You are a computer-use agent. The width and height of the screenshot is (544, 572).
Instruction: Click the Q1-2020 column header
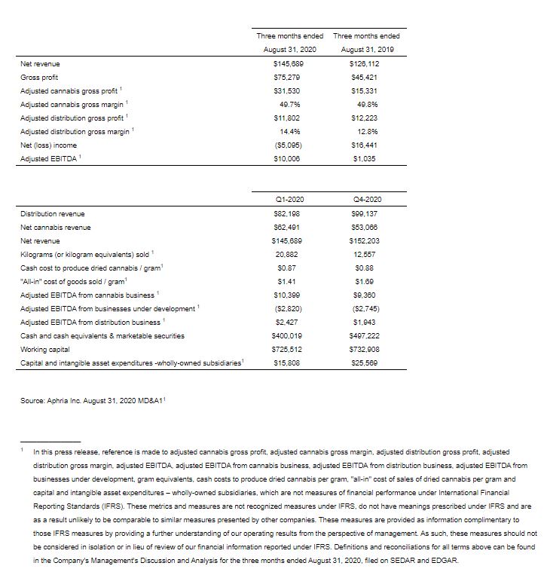pyautogui.click(x=290, y=199)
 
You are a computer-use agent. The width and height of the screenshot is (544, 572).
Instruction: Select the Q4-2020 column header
pyautogui.click(x=367, y=199)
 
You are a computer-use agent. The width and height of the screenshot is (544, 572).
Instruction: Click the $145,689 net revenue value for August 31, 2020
pyautogui.click(x=290, y=64)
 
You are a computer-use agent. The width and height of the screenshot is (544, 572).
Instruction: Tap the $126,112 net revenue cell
pyautogui.click(x=367, y=64)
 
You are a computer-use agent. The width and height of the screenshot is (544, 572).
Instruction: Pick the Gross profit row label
pyautogui.click(x=39, y=78)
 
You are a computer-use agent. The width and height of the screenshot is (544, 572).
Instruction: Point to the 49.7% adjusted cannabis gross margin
pyautogui.click(x=290, y=105)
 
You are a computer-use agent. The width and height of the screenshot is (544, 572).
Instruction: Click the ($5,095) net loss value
pyautogui.click(x=290, y=145)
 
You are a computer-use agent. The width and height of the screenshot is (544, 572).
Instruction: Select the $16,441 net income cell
pyautogui.click(x=367, y=145)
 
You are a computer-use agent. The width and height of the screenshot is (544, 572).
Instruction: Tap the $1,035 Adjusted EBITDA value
pyautogui.click(x=367, y=159)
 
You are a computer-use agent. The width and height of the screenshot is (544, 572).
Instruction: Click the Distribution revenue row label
pyautogui.click(x=53, y=213)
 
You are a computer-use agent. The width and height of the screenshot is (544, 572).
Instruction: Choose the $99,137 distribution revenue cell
pyautogui.click(x=367, y=213)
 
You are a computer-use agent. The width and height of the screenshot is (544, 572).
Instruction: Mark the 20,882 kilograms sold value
pyautogui.click(x=290, y=254)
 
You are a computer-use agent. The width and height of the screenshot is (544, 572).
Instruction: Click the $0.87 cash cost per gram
pyautogui.click(x=290, y=268)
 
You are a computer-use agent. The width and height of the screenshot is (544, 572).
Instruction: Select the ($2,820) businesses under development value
pyautogui.click(x=290, y=308)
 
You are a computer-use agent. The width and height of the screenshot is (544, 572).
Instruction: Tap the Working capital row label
pyautogui.click(x=44, y=349)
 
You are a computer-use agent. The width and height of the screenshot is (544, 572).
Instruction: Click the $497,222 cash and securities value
pyautogui.click(x=367, y=335)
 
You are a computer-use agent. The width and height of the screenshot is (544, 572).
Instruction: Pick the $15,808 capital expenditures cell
pyautogui.click(x=290, y=362)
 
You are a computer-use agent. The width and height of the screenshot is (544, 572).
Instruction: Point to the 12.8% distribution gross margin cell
pyautogui.click(x=367, y=132)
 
